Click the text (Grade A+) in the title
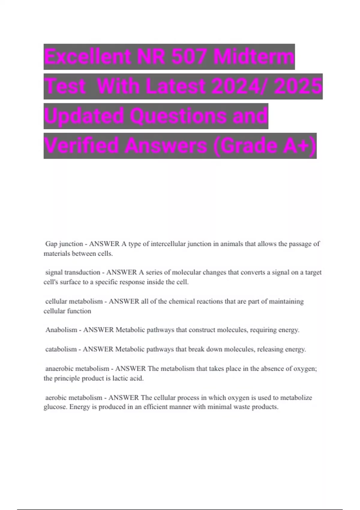point(265,146)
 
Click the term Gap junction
point(64,244)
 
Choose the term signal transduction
point(73,272)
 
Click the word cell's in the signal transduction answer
point(51,282)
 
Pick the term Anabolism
point(61,330)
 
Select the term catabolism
point(61,349)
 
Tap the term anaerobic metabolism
point(77,368)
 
